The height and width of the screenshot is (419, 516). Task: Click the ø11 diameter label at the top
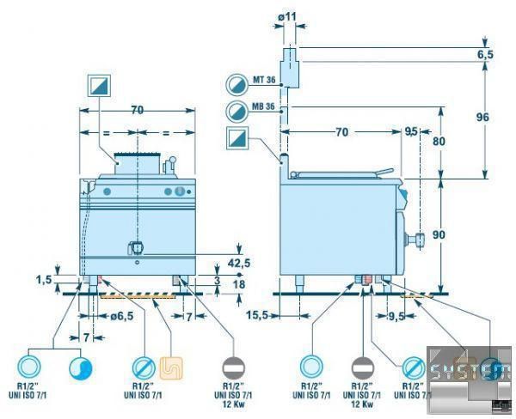(289, 18)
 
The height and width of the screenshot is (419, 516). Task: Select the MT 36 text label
(262, 81)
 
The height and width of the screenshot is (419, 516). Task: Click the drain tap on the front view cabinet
(136, 248)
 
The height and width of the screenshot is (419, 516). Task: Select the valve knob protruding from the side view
(419, 239)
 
